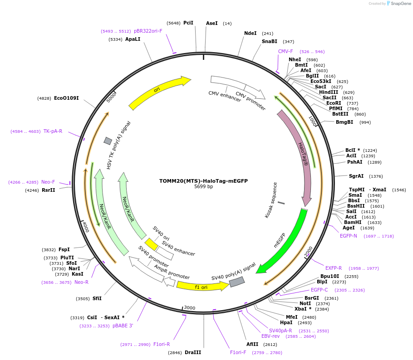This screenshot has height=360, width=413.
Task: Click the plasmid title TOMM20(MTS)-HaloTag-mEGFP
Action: click(x=203, y=180)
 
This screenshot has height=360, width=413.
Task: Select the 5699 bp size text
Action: click(x=203, y=186)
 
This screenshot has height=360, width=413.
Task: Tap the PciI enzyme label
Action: click(x=188, y=23)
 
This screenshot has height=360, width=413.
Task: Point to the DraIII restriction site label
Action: click(x=193, y=352)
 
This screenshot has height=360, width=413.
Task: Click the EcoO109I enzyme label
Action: click(x=66, y=98)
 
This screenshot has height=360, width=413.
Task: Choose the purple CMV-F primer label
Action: click(x=285, y=51)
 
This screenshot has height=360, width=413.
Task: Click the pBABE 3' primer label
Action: click(x=123, y=326)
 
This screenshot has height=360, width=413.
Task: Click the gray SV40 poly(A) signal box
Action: click(x=236, y=282)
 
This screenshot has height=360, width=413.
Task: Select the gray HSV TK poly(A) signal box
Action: click(x=108, y=141)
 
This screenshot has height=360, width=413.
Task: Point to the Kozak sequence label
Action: click(x=270, y=200)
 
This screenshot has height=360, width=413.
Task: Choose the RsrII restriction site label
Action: click(x=48, y=190)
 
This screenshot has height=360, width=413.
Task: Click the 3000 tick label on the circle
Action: click(x=189, y=308)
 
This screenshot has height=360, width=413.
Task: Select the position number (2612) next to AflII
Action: click(x=270, y=344)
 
